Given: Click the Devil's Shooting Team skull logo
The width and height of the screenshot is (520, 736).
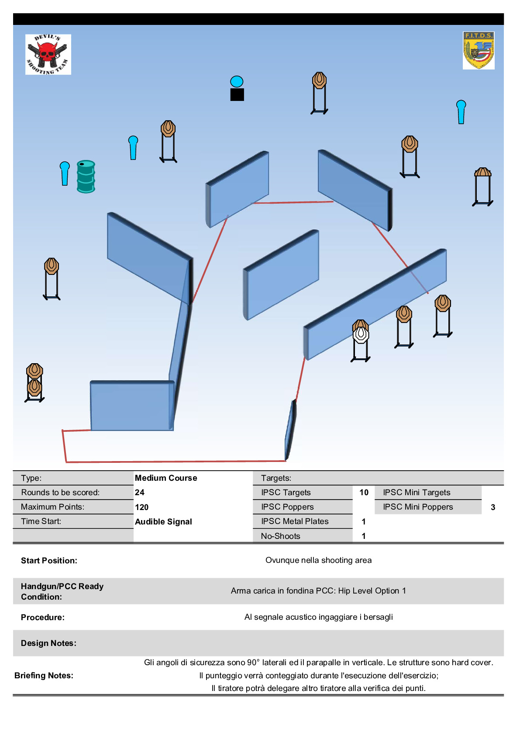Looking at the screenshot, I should [48, 54].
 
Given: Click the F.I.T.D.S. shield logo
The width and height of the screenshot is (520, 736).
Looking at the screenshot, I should [479, 50].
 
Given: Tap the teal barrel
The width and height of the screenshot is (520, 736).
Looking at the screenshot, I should [86, 177].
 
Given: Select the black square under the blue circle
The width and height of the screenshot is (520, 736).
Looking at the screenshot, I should [237, 94].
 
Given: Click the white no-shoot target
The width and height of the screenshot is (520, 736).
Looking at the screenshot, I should [361, 335].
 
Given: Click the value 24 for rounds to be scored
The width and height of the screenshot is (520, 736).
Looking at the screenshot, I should [140, 493].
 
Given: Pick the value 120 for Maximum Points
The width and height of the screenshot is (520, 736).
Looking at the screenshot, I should [142, 507].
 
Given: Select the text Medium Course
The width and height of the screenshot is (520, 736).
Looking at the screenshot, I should [166, 478].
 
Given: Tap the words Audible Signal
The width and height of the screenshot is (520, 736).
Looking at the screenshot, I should [163, 522].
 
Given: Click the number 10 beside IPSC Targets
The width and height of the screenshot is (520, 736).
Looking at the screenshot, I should [364, 493].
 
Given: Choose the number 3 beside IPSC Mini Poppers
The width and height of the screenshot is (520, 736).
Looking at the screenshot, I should [493, 507].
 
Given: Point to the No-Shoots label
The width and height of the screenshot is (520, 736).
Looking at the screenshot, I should [280, 536].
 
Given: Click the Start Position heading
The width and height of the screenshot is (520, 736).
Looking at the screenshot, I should [49, 561].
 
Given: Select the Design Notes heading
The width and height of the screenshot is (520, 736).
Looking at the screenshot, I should [48, 643].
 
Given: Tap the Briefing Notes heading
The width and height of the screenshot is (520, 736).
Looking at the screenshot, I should [44, 676].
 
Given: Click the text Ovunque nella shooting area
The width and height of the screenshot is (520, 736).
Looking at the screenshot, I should [318, 560].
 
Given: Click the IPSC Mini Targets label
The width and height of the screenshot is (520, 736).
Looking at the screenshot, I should [417, 493].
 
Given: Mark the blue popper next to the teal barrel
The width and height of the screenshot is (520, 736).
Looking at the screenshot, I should [65, 173].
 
